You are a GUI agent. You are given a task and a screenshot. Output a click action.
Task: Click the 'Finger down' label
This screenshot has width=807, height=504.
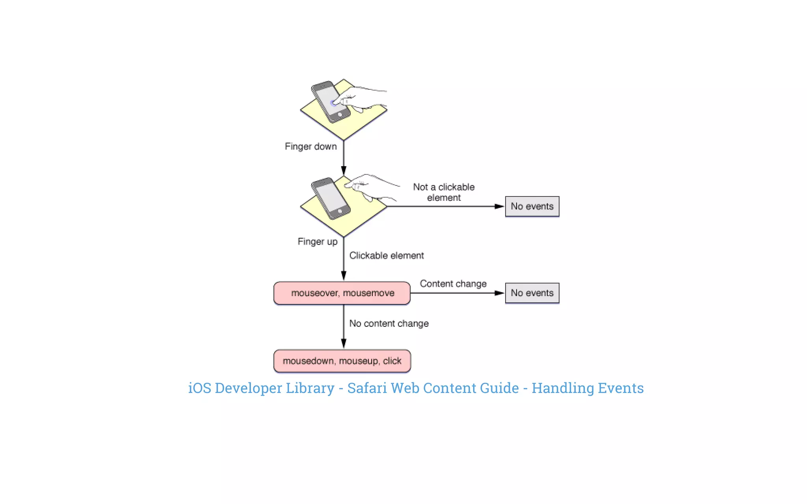(311, 146)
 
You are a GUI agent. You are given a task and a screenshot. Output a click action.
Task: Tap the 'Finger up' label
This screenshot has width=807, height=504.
(317, 241)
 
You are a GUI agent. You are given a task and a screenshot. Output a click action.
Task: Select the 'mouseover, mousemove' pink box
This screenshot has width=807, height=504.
(342, 293)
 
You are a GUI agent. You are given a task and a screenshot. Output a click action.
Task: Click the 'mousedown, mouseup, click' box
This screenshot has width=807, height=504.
(342, 361)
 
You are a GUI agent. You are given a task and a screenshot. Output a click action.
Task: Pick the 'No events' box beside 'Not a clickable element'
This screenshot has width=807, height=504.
(532, 206)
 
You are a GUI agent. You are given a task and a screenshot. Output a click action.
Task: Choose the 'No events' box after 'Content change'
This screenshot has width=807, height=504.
(532, 293)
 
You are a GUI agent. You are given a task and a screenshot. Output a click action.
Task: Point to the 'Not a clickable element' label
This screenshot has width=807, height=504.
(444, 192)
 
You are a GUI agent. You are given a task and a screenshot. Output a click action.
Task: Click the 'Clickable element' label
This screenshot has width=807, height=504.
(386, 256)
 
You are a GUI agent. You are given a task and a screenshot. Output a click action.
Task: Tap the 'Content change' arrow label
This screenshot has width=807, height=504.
(453, 283)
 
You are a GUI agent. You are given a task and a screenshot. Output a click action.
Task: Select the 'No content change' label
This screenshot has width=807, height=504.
(389, 323)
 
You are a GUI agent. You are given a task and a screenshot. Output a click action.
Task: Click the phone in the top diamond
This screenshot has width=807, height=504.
(330, 102)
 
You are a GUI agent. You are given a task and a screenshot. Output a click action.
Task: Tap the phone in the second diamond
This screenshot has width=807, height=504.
(330, 198)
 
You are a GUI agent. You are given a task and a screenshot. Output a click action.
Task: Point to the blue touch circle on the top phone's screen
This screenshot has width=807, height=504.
(333, 103)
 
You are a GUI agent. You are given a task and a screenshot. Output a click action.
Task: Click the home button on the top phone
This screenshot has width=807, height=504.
(340, 115)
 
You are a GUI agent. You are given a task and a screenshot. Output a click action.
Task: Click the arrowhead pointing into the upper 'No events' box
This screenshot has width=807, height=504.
(499, 206)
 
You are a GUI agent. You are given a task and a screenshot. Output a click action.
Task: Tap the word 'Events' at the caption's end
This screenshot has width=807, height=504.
(621, 388)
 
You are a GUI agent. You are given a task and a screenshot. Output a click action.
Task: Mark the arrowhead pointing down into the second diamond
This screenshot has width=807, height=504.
(344, 170)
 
